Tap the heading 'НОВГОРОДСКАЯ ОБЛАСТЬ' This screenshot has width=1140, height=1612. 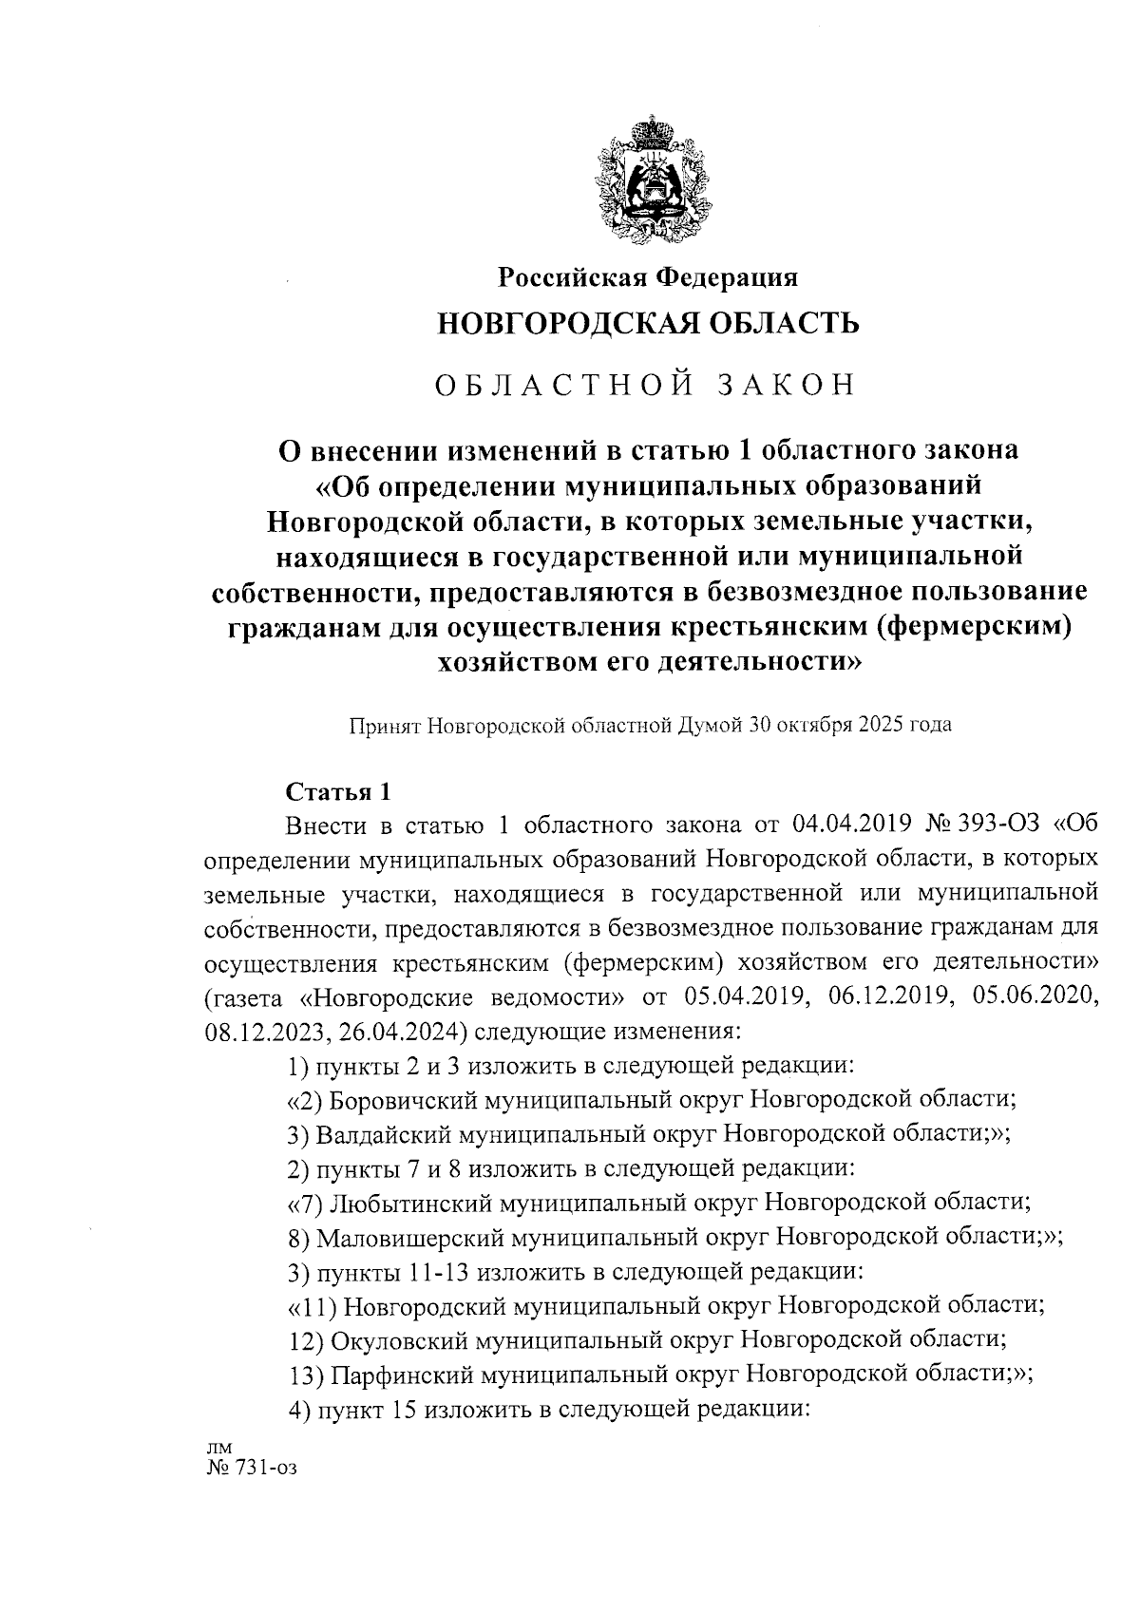(647, 324)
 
